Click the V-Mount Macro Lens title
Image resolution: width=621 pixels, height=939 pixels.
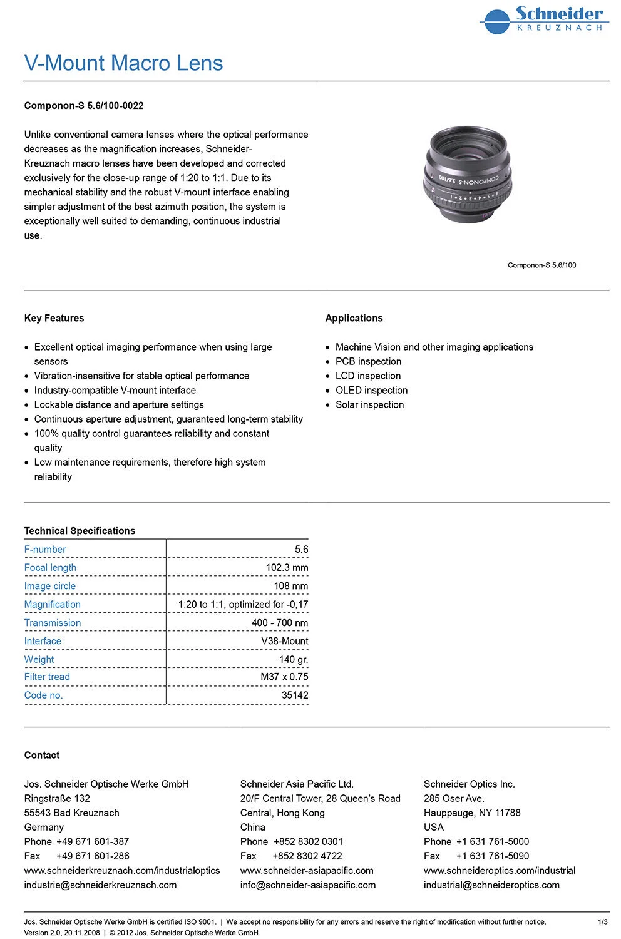point(123,63)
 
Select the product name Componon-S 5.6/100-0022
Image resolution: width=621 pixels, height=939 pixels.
point(84,106)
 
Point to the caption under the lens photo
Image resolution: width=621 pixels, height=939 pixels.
point(541,265)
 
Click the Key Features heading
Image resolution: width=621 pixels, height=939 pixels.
point(54,318)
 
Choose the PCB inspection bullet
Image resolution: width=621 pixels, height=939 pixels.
point(368,361)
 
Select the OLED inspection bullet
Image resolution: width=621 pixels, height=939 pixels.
point(371,390)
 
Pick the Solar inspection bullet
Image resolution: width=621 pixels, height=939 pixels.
point(369,404)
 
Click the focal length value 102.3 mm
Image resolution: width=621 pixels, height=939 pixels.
point(287,568)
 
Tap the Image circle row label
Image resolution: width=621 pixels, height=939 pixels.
point(50,586)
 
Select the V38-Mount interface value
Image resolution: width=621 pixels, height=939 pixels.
point(284,641)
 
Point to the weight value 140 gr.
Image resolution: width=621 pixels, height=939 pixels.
point(294,659)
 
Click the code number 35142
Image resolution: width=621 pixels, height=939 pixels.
point(295,695)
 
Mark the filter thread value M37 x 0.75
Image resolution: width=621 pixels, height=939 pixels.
point(284,677)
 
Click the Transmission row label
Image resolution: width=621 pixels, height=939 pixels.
point(53,623)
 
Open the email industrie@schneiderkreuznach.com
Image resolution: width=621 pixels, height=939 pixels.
point(100,885)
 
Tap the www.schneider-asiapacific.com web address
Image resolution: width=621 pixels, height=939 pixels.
point(307,871)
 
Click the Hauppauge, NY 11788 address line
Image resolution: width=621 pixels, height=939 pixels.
point(472,813)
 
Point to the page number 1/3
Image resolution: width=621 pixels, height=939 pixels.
point(602,922)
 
